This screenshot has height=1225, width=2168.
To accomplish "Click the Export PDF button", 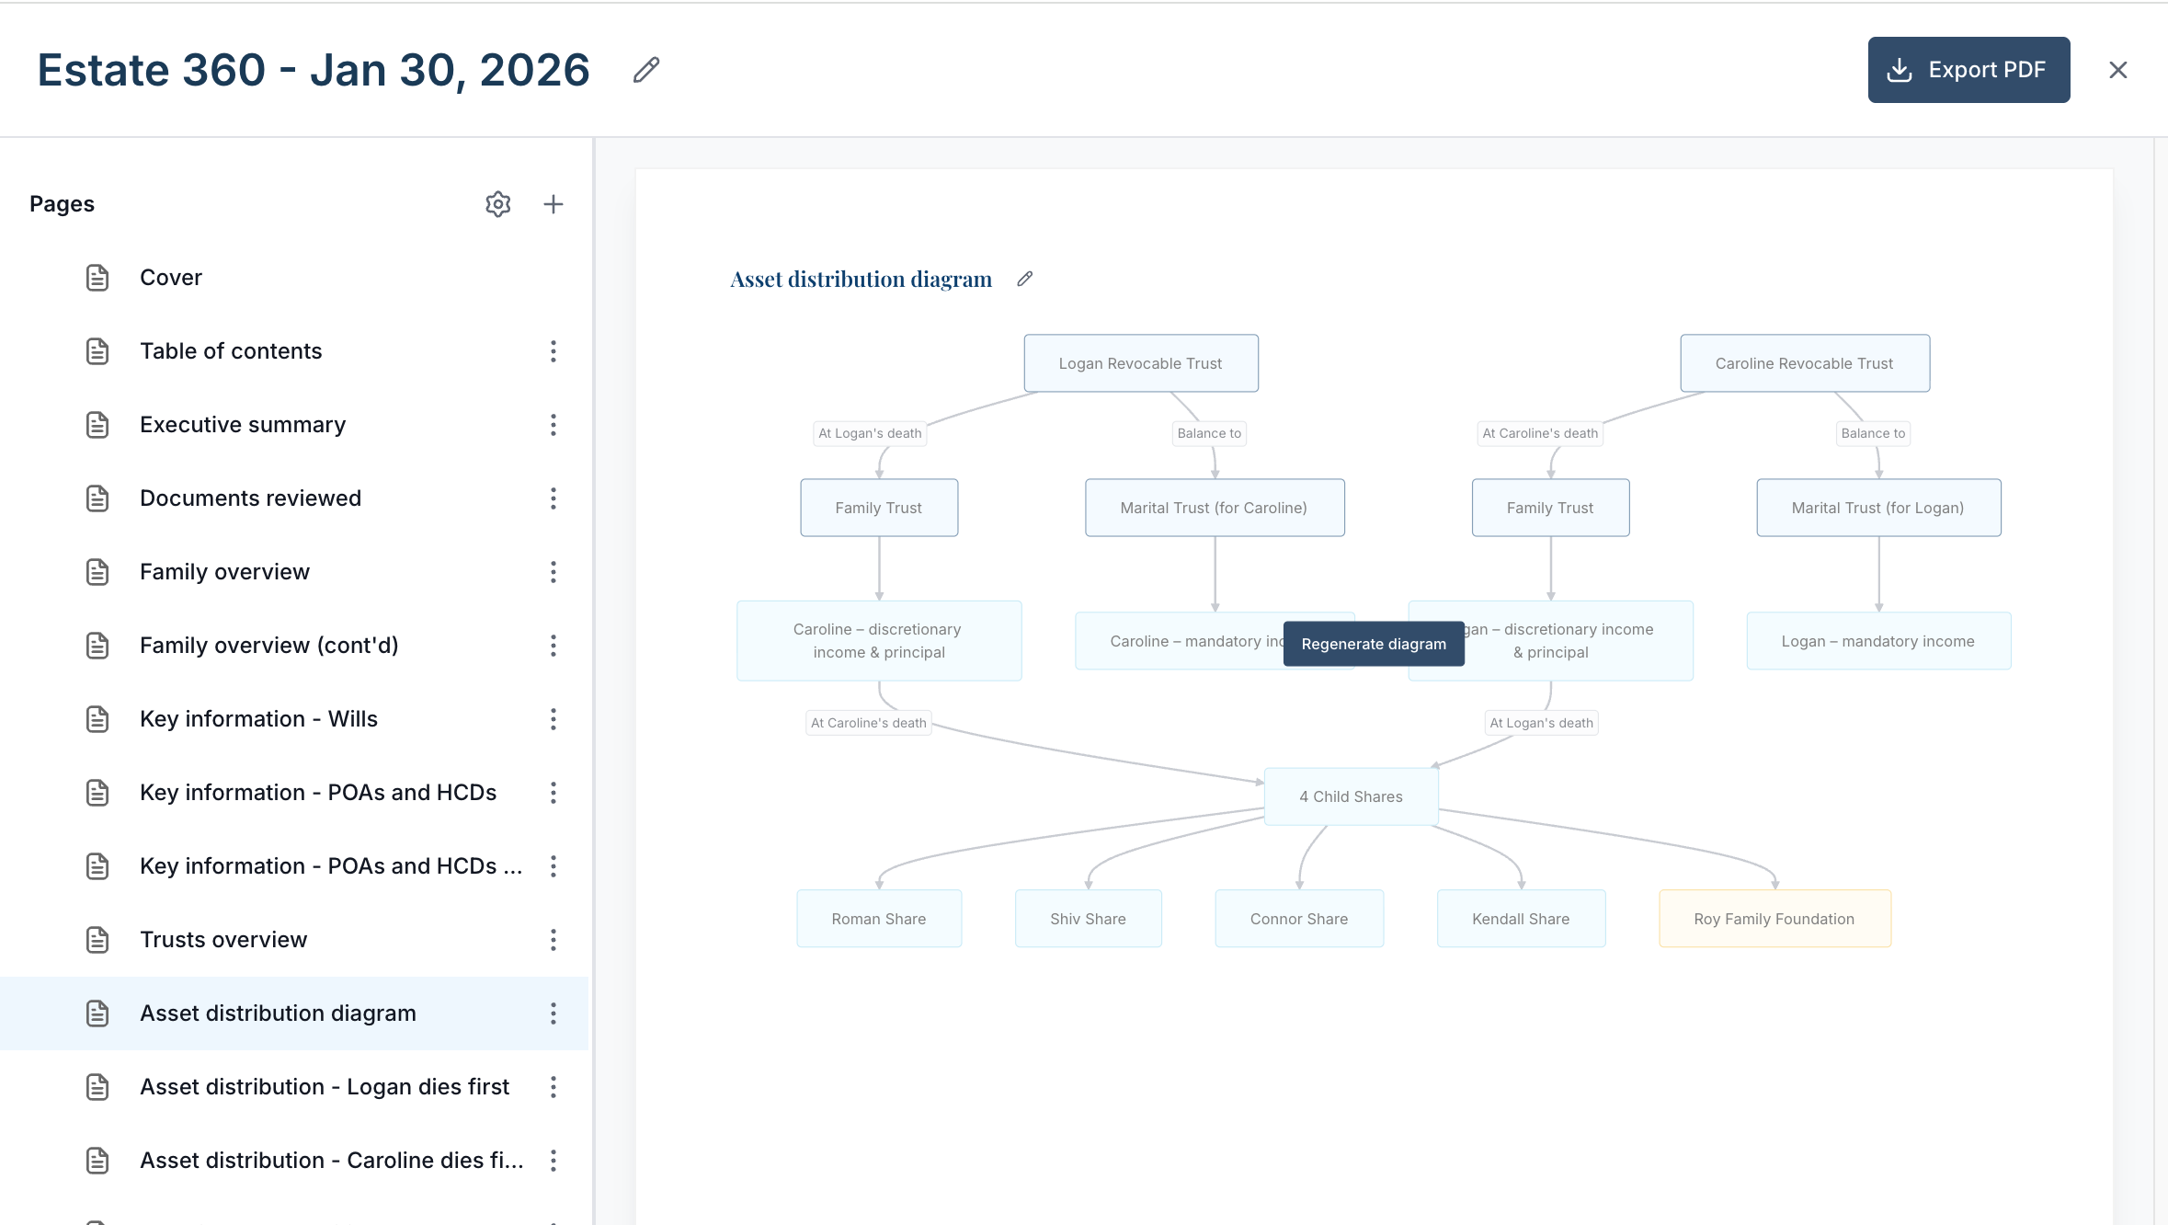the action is point(1968,70).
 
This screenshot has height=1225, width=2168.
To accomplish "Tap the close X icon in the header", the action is point(2118,70).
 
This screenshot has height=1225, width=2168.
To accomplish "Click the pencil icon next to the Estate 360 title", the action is point(646,70).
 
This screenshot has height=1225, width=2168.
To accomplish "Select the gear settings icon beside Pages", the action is point(497,204).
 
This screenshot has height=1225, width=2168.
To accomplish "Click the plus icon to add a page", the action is point(553,204).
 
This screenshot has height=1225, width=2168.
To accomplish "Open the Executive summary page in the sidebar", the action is point(243,425).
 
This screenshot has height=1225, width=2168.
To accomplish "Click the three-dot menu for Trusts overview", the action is point(553,940).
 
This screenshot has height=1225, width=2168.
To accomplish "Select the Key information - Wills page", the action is point(258,719).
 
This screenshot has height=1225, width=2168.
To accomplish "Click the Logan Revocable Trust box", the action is point(1141,363).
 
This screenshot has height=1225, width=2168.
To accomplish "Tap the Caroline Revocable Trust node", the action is point(1805,363).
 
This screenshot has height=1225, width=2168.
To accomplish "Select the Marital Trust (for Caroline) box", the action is point(1215,508).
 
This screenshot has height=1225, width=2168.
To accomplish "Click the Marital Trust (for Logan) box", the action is point(1878,508).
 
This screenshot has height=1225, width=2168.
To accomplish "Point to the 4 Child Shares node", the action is point(1351,796).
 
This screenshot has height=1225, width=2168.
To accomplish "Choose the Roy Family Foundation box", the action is point(1774,919).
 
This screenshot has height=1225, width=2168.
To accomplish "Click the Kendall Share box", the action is point(1521,919).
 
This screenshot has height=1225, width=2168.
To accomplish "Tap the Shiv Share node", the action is point(1088,919).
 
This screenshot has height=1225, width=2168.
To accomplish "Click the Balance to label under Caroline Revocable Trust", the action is point(1873,433).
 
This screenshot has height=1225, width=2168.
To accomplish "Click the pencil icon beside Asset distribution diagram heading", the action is point(1025,279).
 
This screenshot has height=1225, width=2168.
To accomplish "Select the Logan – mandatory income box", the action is point(1878,641).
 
